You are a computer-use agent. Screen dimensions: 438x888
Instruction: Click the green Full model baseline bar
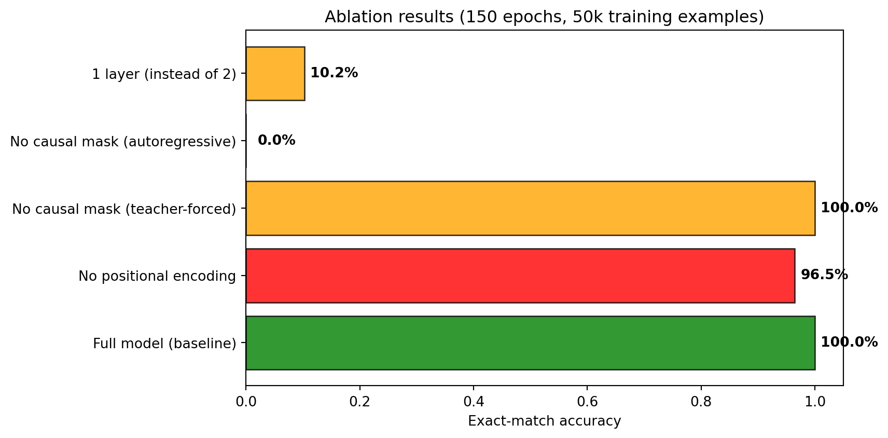click(x=530, y=343)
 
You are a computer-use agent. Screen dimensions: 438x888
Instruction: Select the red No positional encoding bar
click(x=520, y=276)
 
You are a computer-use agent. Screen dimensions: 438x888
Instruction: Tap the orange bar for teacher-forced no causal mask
click(x=530, y=208)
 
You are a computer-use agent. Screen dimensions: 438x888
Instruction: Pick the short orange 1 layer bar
click(x=275, y=74)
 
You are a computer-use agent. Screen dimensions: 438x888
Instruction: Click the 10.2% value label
click(x=334, y=73)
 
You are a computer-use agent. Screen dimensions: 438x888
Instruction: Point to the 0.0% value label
click(x=276, y=141)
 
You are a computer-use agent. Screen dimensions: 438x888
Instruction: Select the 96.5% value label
click(x=824, y=275)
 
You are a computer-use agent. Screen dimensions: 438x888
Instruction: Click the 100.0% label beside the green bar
click(x=849, y=343)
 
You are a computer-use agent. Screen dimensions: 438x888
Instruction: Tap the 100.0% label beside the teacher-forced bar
click(x=849, y=208)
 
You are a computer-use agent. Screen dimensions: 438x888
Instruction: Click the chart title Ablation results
click(x=544, y=17)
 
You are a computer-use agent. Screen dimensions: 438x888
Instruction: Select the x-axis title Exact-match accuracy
click(x=544, y=421)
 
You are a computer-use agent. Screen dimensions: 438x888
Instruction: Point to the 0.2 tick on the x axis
click(x=359, y=402)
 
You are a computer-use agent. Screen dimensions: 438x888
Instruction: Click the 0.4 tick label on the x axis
click(x=474, y=402)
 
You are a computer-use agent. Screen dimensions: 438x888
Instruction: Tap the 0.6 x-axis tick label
click(x=587, y=402)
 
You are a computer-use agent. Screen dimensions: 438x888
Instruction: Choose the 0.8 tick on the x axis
click(x=701, y=402)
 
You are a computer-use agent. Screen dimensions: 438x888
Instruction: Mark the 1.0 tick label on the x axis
click(x=815, y=402)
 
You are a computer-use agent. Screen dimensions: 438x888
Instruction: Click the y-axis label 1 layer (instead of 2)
click(x=164, y=75)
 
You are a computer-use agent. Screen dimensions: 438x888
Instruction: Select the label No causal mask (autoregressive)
click(x=123, y=142)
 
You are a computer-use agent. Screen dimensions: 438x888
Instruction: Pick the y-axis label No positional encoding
click(x=157, y=277)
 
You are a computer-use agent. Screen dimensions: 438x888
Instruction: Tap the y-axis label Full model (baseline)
click(x=164, y=344)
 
